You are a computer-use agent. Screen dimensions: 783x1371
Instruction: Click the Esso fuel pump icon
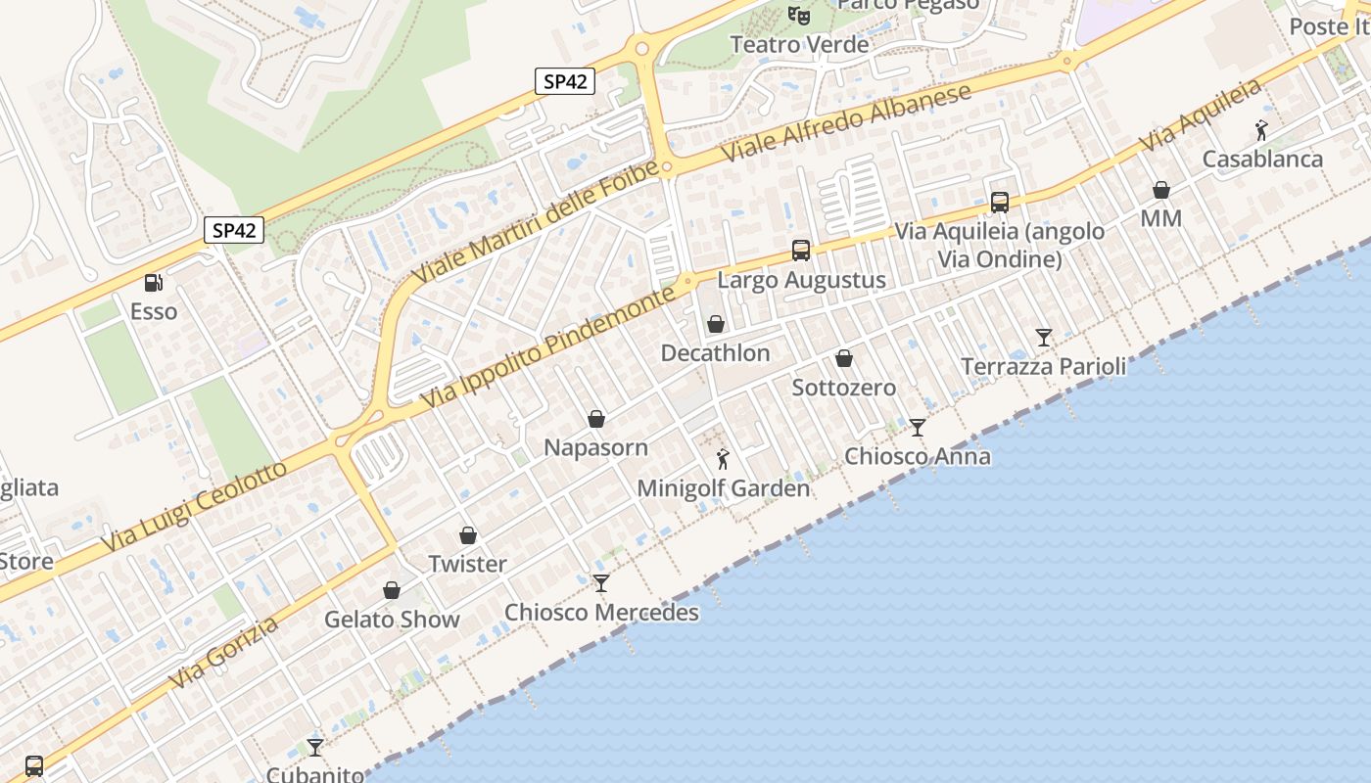coord(154,283)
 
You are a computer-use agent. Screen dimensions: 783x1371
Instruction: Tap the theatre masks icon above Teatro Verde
coord(800,16)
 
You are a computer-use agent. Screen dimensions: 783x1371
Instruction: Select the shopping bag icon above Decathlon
coord(716,324)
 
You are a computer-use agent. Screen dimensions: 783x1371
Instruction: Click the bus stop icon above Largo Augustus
coord(801,251)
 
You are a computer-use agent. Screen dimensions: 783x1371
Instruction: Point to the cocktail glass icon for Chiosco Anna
coord(918,427)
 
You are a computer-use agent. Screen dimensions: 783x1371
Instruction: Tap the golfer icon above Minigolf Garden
coord(723,458)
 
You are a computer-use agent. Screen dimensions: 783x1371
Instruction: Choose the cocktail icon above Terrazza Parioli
coord(1044,338)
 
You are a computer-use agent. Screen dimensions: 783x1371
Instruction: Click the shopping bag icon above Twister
coord(468,535)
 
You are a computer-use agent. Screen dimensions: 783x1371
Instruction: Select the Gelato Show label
coord(392,620)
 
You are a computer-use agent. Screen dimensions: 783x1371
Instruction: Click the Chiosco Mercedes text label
coord(601,613)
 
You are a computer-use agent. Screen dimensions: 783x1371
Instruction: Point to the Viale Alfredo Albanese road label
coord(847,122)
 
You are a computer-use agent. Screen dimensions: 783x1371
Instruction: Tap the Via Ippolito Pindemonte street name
coord(548,347)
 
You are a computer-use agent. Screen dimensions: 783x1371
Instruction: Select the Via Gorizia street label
coord(223,652)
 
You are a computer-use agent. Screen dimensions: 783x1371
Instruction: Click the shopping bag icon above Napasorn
coord(596,419)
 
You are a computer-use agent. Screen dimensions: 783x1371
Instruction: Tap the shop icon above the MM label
coord(1161,190)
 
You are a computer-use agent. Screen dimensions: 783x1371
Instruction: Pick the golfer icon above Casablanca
coord(1262,130)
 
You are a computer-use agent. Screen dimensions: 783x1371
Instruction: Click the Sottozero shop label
coord(843,388)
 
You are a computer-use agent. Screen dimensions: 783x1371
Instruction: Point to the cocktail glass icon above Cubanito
coord(315,748)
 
